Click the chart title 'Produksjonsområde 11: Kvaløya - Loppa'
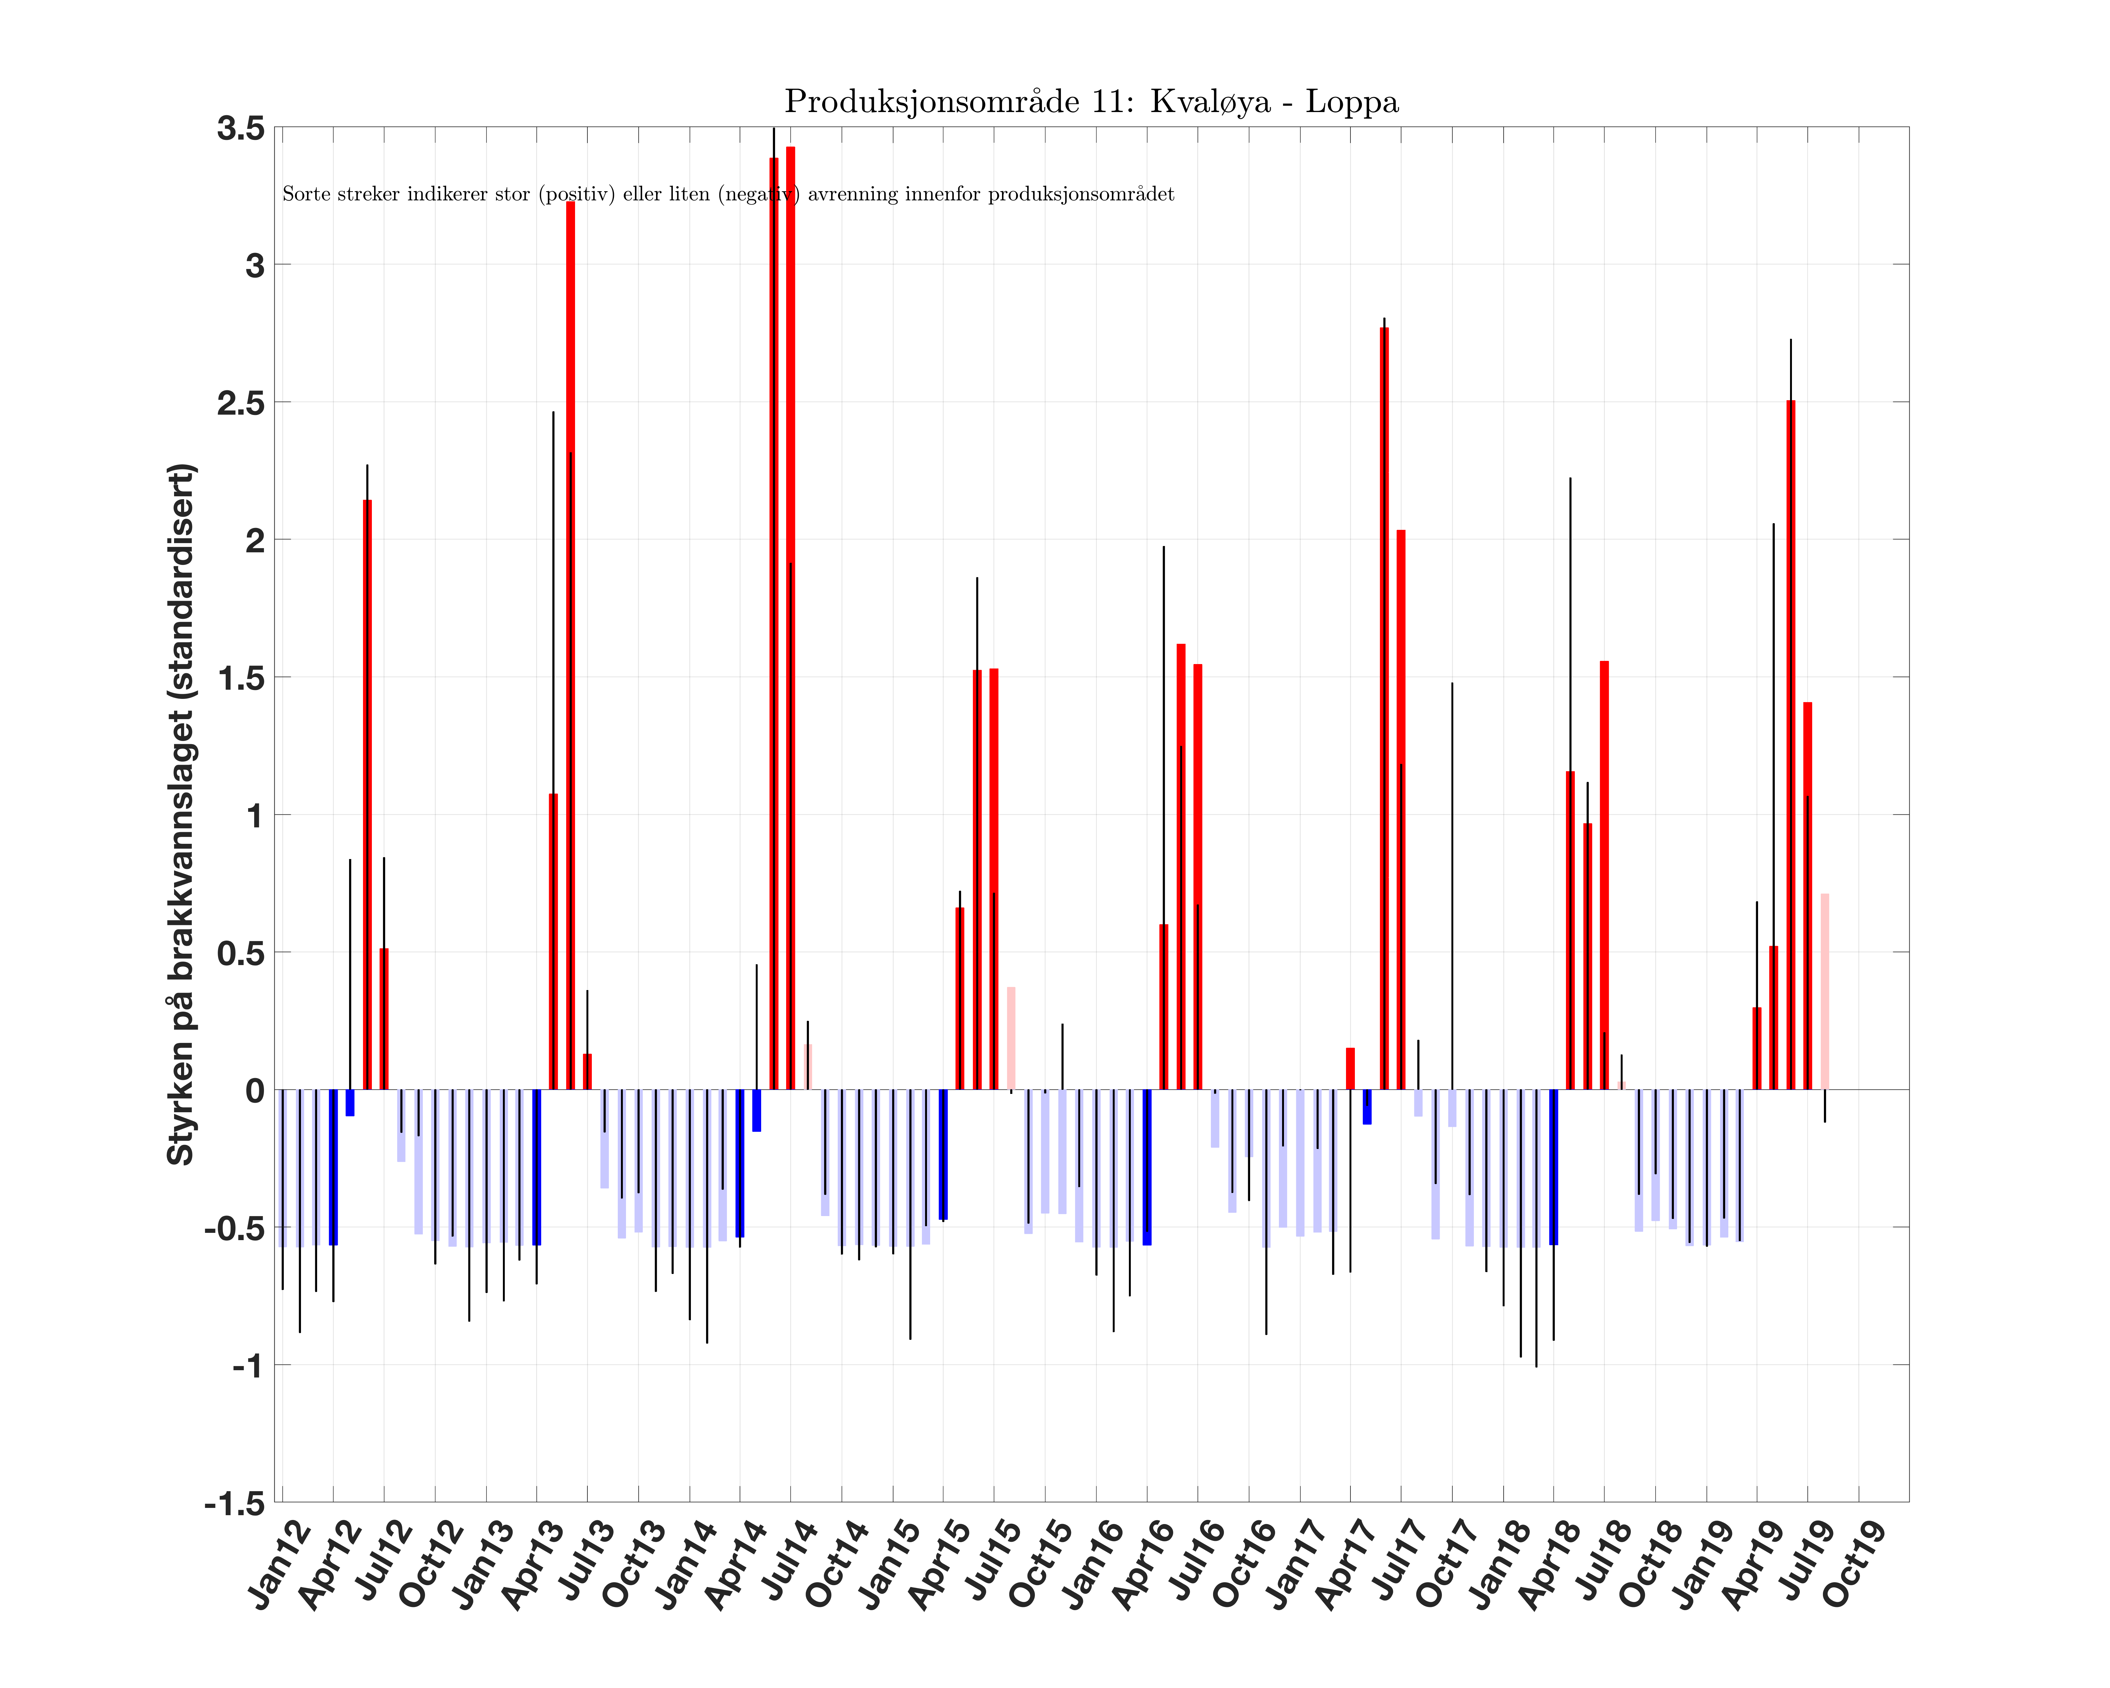pyautogui.click(x=1091, y=102)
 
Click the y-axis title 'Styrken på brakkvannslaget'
pyautogui.click(x=182, y=814)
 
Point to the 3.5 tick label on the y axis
pyautogui.click(x=241, y=128)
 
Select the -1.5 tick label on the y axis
pyautogui.click(x=235, y=1503)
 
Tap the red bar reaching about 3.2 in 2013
pyautogui.click(x=571, y=646)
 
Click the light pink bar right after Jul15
pyautogui.click(x=1011, y=1037)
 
